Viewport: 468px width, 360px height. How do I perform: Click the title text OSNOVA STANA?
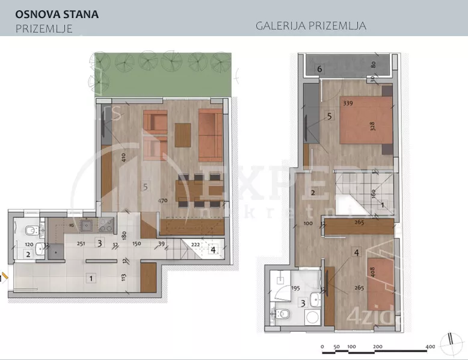pyautogui.click(x=57, y=14)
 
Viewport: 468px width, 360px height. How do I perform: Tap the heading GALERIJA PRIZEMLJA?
pyautogui.click(x=310, y=26)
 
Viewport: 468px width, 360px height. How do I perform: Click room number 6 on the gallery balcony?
pyautogui.click(x=319, y=69)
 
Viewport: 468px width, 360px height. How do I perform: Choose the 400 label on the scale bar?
pyautogui.click(x=431, y=347)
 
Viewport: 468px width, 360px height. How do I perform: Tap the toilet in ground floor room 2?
pyautogui.click(x=29, y=230)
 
